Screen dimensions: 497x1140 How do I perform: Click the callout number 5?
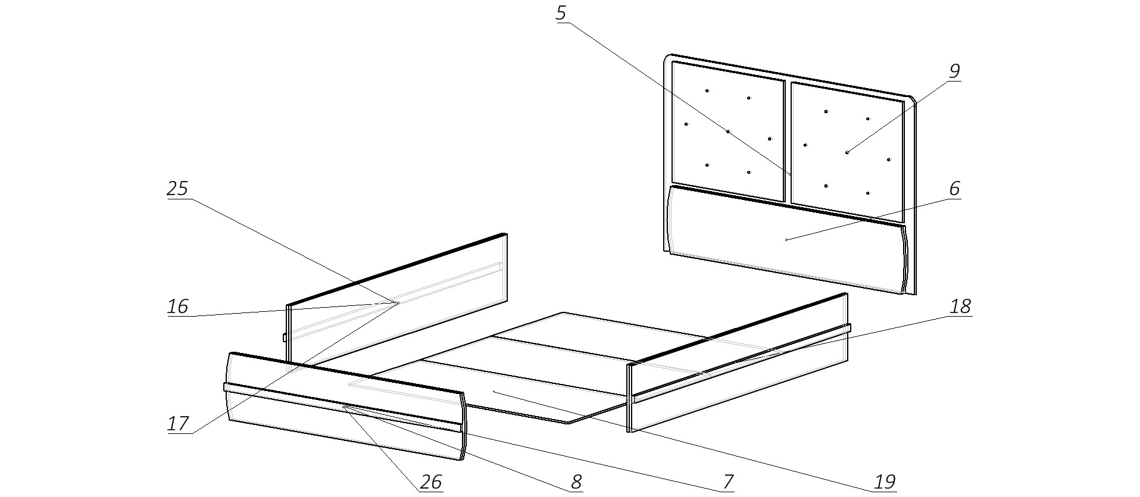coord(561,13)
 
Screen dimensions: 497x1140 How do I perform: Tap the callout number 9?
coord(954,71)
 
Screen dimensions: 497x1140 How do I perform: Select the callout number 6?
coord(954,189)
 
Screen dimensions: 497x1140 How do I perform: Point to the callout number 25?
coord(177,189)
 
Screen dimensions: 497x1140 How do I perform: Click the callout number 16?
coord(177,307)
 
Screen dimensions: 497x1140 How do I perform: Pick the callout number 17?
coord(177,424)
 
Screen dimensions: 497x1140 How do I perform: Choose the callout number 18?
coord(960,307)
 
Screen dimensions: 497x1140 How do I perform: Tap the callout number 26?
coord(430,482)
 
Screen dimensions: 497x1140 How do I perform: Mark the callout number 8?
coord(576,482)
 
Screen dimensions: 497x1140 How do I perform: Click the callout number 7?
coord(727,482)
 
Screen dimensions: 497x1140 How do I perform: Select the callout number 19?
coord(885,482)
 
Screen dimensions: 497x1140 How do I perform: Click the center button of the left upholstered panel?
coord(727,132)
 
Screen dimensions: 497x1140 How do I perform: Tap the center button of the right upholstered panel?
coord(847,152)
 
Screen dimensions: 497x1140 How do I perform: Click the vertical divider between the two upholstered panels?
coord(788,143)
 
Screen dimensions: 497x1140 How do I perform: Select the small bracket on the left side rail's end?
coord(285,338)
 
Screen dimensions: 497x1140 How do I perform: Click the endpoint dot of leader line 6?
coord(786,240)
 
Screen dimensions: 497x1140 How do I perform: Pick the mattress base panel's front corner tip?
coord(569,423)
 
